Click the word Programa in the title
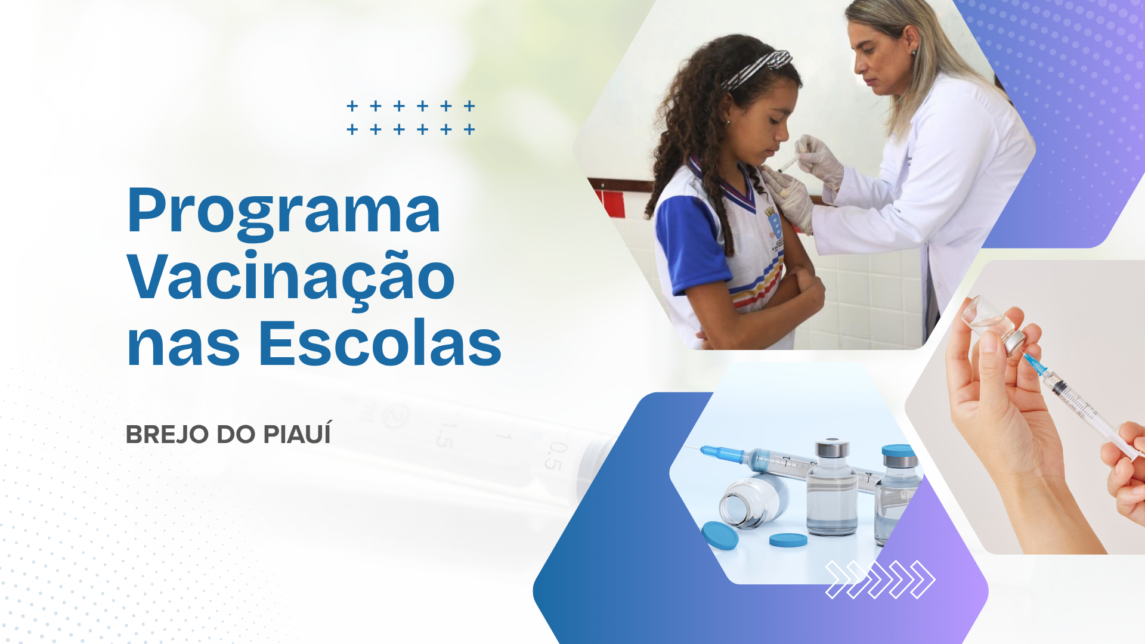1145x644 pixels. pyautogui.click(x=284, y=212)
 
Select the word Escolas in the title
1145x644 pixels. pyautogui.click(x=380, y=344)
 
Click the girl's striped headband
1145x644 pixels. pyautogui.click(x=756, y=69)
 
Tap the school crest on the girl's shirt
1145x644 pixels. pyautogui.click(x=773, y=223)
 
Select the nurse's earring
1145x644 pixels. pyautogui.click(x=913, y=52)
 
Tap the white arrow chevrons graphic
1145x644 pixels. pyautogui.click(x=880, y=579)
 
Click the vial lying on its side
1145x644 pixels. pyautogui.click(x=753, y=501)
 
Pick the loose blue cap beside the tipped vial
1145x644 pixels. pyautogui.click(x=720, y=535)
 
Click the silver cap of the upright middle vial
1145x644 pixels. pyautogui.click(x=832, y=448)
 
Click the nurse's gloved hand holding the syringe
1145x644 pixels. pyautogui.click(x=820, y=157)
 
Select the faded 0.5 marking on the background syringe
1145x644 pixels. pyautogui.click(x=555, y=456)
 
